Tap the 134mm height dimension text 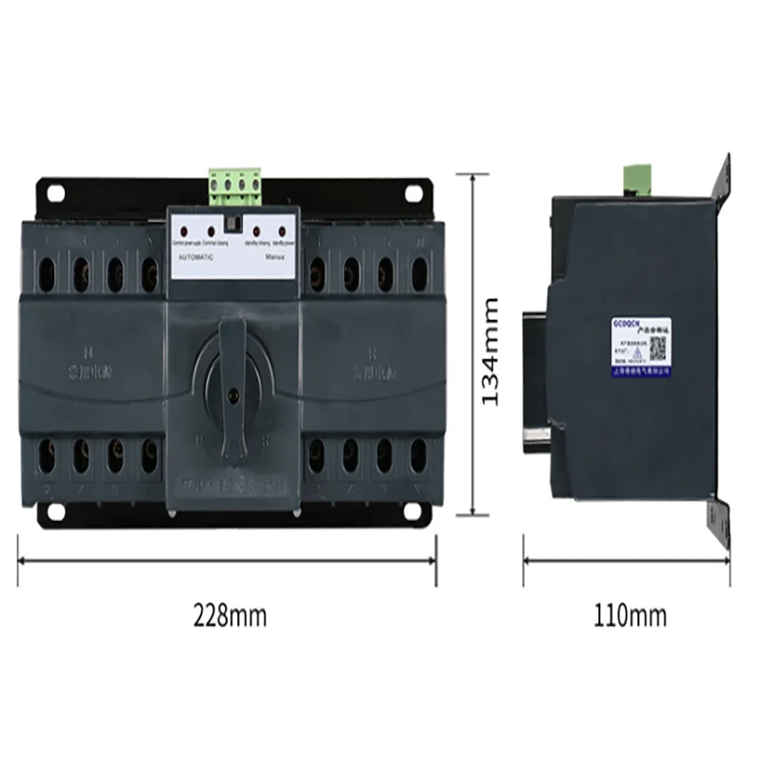[490, 351]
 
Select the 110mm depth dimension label [630, 615]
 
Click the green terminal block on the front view [234, 186]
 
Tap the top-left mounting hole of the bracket [54, 192]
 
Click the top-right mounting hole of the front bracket [413, 192]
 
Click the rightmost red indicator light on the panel [281, 231]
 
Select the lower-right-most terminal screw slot [419, 455]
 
